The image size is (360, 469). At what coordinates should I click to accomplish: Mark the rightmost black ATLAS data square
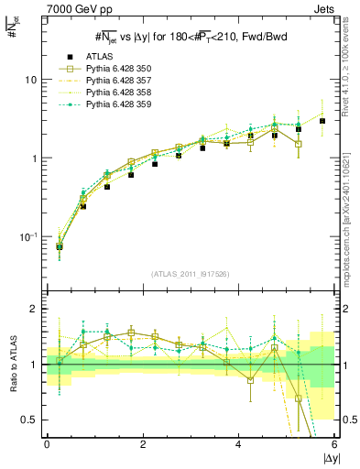pos(322,121)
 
